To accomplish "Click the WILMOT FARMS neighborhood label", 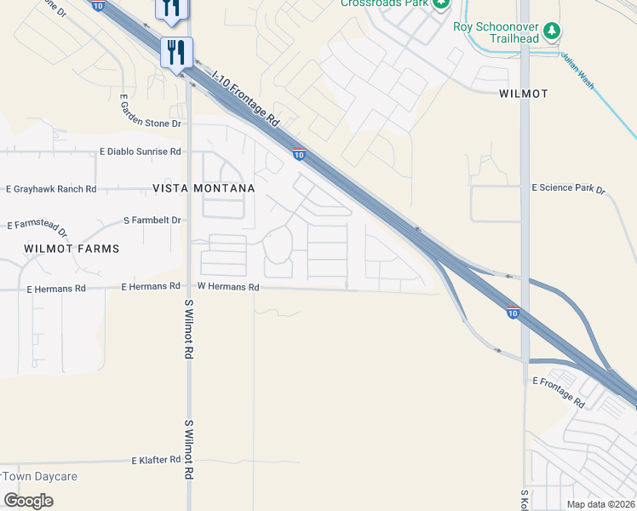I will [72, 249].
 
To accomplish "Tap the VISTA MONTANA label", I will [204, 187].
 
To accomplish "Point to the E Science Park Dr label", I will [567, 187].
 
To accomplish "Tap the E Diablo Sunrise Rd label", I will [141, 152].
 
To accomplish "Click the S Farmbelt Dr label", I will [152, 220].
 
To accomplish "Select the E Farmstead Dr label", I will [37, 226].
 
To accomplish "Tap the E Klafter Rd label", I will [156, 460].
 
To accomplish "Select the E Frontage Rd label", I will [558, 392].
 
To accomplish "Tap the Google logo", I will [28, 501].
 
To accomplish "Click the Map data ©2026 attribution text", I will [601, 504].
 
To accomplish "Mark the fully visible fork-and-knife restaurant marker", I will [177, 53].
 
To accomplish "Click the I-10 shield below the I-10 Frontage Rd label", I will [299, 154].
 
